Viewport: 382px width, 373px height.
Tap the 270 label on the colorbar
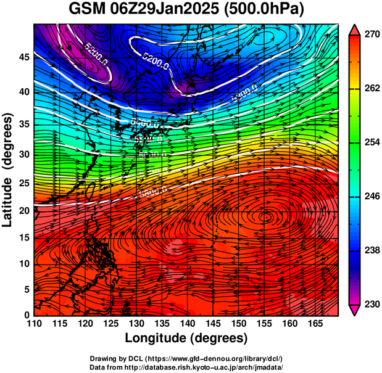click(370, 35)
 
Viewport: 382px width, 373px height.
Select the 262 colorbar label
click(370, 88)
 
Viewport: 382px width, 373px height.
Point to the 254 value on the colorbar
click(370, 142)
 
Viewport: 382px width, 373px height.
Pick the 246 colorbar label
click(370, 197)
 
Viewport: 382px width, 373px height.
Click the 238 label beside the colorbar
click(370, 250)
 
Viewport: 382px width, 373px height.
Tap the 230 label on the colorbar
click(370, 304)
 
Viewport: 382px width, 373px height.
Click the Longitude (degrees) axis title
click(186, 338)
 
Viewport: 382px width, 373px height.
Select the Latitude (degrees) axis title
click(8, 170)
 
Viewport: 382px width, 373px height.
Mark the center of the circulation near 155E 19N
click(266, 216)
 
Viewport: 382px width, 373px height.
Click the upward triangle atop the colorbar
click(354, 28)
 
